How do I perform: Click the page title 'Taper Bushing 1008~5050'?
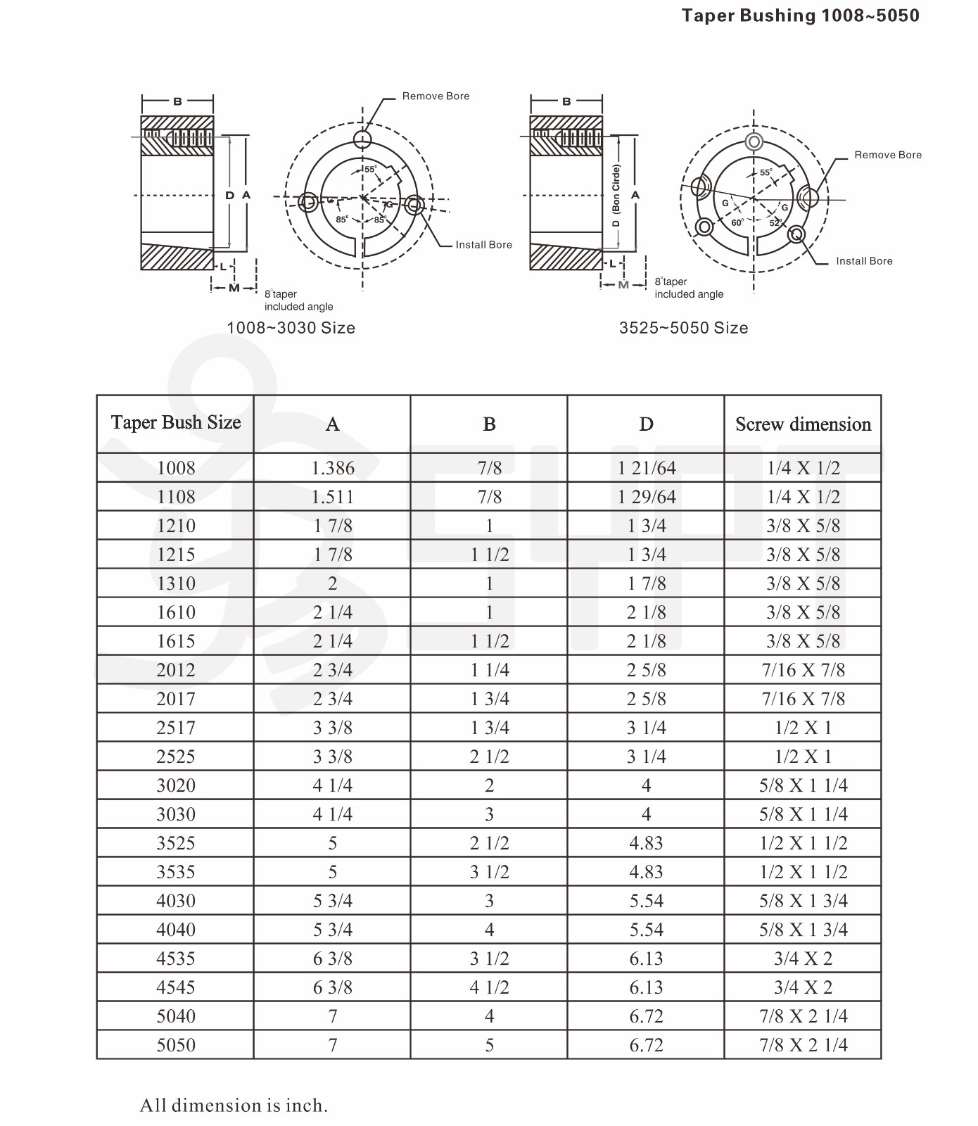(x=800, y=15)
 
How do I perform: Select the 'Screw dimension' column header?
(x=803, y=424)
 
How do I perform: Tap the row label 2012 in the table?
(x=176, y=670)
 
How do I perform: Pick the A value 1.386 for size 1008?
(x=333, y=468)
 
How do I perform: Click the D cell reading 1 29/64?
(x=646, y=497)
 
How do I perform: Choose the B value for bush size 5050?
(x=489, y=1045)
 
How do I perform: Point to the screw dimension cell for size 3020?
(x=803, y=785)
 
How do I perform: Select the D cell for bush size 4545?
(x=646, y=987)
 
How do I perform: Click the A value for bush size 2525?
(x=333, y=757)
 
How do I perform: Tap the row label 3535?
(x=176, y=872)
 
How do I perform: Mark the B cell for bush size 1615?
(x=489, y=641)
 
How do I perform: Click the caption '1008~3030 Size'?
(x=291, y=328)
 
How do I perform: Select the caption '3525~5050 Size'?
(x=683, y=328)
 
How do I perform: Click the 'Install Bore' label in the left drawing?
(x=483, y=245)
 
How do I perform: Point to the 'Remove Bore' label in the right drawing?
(x=887, y=155)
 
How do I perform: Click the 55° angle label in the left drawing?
(x=371, y=169)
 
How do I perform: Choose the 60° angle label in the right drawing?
(x=737, y=222)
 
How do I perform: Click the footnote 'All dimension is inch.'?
(x=234, y=1106)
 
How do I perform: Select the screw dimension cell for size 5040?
(x=803, y=1016)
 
